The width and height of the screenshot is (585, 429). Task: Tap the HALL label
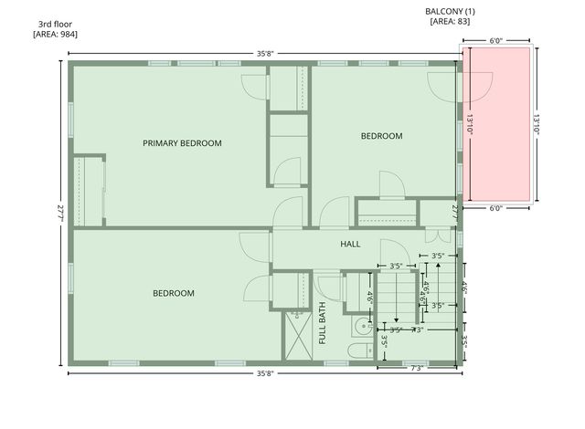click(350, 245)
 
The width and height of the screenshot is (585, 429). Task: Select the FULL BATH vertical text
click(323, 323)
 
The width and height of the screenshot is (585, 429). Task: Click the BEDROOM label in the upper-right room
click(381, 136)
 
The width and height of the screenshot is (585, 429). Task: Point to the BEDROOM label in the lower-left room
click(174, 293)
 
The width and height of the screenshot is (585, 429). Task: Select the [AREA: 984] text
click(55, 34)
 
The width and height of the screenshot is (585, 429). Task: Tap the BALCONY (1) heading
click(450, 11)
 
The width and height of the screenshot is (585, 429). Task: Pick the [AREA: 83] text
click(450, 22)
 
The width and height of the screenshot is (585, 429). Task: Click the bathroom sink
click(361, 326)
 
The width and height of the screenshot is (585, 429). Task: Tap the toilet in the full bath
click(360, 351)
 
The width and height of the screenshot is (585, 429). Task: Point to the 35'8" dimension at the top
click(265, 54)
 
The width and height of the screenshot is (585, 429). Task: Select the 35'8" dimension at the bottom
click(265, 373)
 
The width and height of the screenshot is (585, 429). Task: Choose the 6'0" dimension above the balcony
click(496, 41)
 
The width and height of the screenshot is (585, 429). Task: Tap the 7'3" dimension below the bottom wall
click(416, 369)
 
